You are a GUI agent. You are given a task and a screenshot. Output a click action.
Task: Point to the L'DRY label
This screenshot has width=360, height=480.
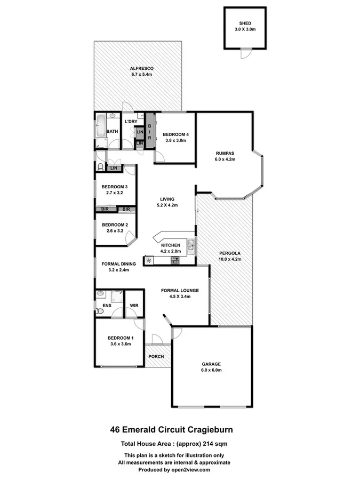[x=131, y=122]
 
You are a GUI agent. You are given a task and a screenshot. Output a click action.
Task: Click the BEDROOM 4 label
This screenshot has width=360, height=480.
[x=174, y=134]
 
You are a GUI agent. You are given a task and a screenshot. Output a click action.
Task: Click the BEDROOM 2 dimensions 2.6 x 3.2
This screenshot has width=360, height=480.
[x=115, y=231]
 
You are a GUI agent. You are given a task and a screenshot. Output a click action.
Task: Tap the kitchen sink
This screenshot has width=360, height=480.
[x=190, y=246]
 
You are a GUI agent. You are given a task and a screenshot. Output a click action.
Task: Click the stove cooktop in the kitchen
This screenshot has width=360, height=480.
[x=174, y=260]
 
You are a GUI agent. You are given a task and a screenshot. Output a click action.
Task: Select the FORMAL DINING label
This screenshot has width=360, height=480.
[x=118, y=263]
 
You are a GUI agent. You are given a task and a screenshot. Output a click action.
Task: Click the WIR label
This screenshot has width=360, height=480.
[x=134, y=306]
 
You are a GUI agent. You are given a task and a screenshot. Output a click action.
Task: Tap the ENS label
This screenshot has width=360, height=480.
[x=106, y=306]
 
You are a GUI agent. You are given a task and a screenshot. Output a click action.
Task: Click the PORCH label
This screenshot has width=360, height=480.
[x=156, y=356]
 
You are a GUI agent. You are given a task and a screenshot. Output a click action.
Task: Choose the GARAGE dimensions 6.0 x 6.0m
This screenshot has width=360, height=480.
[x=211, y=370]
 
